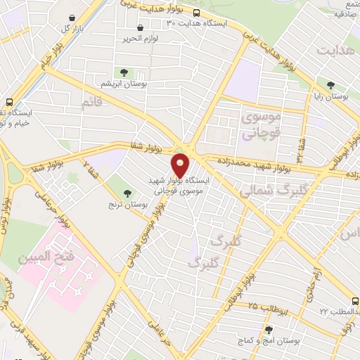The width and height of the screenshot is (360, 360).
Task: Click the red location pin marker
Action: pos(181,166)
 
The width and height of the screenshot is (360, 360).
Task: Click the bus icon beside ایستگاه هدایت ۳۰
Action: pos(196,13)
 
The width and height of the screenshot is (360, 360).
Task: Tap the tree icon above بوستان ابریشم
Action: pos(124,72)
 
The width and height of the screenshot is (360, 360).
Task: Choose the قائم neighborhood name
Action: pos(96,104)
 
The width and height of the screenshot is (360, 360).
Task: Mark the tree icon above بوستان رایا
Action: pos(330,85)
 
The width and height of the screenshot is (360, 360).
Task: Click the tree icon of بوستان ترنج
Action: pos(127,193)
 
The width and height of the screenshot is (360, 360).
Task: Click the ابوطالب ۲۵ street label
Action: pos(263,304)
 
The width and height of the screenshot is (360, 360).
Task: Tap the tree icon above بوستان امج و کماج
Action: pos(268,329)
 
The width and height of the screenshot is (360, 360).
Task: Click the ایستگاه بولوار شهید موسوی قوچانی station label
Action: pos(176,185)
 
